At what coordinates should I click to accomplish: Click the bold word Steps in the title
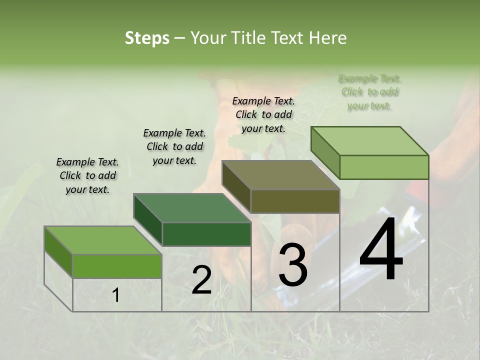(147, 38)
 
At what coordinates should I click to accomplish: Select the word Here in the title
(328, 38)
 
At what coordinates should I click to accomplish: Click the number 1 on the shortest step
(116, 295)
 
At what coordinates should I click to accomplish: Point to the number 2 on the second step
(201, 280)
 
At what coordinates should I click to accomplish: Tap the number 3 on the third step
(292, 265)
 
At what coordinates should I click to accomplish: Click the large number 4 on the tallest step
(381, 249)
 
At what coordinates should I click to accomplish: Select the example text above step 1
(87, 175)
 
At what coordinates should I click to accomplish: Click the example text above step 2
(174, 146)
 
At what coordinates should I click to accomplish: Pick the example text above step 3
(263, 114)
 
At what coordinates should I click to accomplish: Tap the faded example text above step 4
(369, 92)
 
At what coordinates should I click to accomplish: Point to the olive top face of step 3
(281, 175)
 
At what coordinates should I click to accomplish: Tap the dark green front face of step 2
(206, 234)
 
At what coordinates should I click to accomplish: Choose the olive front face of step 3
(295, 201)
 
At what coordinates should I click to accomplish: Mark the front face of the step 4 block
(384, 167)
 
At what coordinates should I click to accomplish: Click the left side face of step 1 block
(58, 250)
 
